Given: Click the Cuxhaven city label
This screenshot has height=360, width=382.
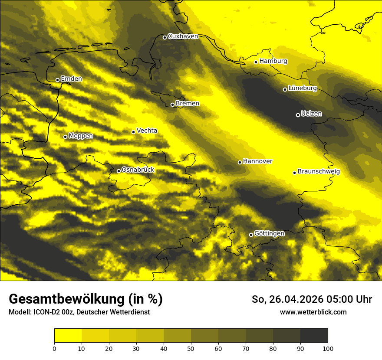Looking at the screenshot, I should coord(183,36).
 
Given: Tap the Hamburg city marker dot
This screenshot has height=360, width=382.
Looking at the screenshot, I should coord(256,62).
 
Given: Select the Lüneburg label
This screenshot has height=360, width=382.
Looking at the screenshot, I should coord(303,88).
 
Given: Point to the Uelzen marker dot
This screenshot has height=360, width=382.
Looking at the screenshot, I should coord(298,115).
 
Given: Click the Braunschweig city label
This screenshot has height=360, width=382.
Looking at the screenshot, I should coord(319,171).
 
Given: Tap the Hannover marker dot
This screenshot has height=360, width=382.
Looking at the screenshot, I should coord(240,162).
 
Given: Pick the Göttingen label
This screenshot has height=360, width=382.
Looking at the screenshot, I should coord(269,233).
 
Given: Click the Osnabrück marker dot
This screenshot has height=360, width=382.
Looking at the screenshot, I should coord(119,171).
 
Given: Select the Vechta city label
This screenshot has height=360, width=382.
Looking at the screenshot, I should coord(147,131).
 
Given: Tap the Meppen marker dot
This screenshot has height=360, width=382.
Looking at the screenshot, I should coord(65,137).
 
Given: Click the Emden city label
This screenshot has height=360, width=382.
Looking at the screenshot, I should coord(71,79).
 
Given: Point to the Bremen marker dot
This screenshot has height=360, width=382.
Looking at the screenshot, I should coord(172,105).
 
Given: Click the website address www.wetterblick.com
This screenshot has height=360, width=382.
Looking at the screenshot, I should coord(313,312).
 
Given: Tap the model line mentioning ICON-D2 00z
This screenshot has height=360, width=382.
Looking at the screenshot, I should coord(79,312).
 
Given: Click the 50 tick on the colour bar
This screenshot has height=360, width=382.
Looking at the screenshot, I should coord(191,348).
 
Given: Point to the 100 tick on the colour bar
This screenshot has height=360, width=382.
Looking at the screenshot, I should coord(328,348).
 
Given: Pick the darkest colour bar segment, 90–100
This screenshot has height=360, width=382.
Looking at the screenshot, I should coord(314,336).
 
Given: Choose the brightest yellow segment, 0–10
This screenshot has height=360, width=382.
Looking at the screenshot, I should coord(68,336).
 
